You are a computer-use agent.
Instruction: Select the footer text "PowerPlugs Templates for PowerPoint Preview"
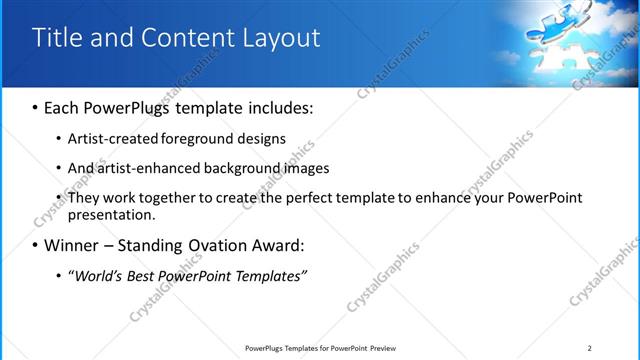tap(320, 348)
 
